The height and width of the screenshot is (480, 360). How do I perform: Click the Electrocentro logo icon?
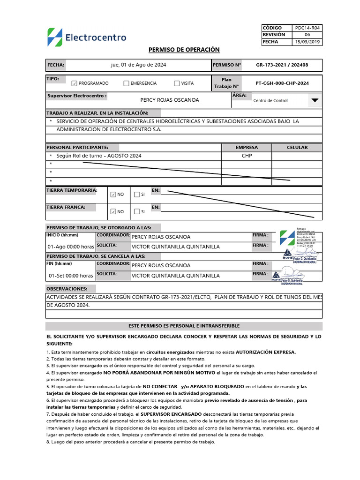pyautogui.click(x=54, y=37)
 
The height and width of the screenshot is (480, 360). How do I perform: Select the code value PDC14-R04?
pyautogui.click(x=308, y=28)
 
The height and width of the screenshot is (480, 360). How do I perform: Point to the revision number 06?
pyautogui.click(x=307, y=35)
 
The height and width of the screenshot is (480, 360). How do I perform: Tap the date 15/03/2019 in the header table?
pyautogui.click(x=307, y=42)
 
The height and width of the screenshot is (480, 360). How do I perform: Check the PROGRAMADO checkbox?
pyautogui.click(x=74, y=83)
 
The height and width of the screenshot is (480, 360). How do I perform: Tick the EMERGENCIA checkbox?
pyautogui.click(x=126, y=83)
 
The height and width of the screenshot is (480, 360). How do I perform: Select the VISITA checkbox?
pyautogui.click(x=177, y=83)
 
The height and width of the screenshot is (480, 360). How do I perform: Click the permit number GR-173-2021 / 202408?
pyautogui.click(x=282, y=65)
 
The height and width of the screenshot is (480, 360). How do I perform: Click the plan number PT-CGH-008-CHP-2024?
pyautogui.click(x=282, y=83)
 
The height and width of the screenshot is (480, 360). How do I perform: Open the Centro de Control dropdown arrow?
pyautogui.click(x=315, y=100)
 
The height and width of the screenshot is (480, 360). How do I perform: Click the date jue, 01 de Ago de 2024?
pyautogui.click(x=138, y=65)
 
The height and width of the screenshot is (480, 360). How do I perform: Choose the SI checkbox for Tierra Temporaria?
pyautogui.click(x=136, y=195)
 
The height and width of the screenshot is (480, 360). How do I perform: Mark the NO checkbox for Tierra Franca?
pyautogui.click(x=113, y=211)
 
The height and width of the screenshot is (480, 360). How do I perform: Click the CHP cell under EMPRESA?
pyautogui.click(x=247, y=156)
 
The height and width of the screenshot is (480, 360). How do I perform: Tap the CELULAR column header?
pyautogui.click(x=297, y=147)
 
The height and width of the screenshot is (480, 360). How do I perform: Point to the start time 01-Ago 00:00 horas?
pyautogui.click(x=70, y=247)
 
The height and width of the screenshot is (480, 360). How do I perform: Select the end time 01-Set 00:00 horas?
pyautogui.click(x=70, y=276)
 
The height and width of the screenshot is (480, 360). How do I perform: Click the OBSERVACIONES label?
pyautogui.click(x=67, y=289)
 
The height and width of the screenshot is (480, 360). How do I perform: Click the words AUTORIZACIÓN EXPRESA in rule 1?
pyautogui.click(x=266, y=352)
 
